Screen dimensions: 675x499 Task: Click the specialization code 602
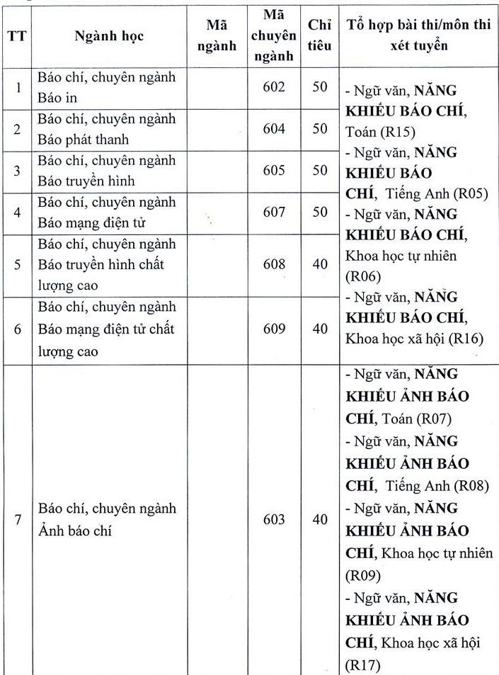(x=273, y=87)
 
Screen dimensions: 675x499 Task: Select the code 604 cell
(x=273, y=129)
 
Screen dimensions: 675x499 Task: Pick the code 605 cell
(x=273, y=171)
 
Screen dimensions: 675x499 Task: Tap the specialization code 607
(x=273, y=212)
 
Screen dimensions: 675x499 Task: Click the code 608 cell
(x=273, y=264)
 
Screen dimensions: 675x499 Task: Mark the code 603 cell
(x=273, y=519)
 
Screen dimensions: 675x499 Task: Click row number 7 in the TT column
(x=17, y=519)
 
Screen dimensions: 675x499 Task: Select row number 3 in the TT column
(x=17, y=171)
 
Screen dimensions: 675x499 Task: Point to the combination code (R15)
(x=399, y=132)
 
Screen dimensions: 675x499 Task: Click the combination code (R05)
(x=468, y=193)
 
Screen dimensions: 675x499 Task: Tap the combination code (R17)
(x=362, y=665)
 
